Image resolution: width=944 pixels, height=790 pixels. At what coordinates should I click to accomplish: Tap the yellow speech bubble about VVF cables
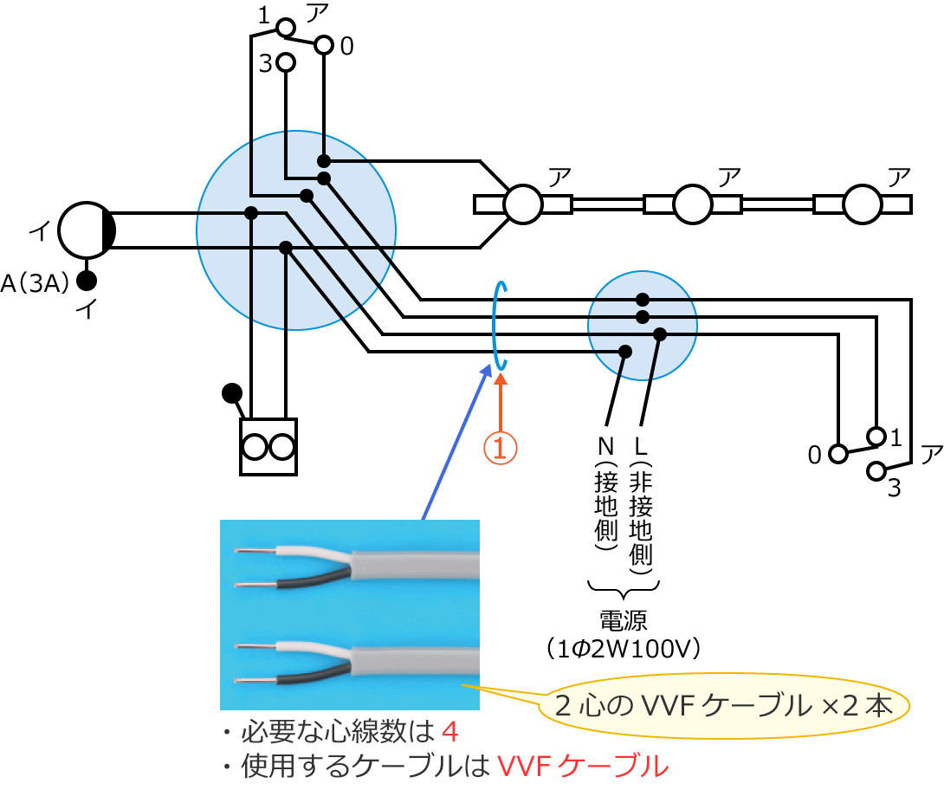coord(724,706)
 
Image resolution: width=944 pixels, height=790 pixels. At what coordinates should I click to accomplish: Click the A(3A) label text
coord(35,282)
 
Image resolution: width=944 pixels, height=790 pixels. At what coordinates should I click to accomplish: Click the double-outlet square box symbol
coord(268,447)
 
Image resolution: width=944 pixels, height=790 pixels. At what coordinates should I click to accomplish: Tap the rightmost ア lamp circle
coord(863,204)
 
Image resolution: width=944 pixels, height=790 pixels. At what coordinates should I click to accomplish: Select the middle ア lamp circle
coord(693,204)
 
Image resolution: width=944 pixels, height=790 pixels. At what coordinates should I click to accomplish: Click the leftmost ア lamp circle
coord(524,204)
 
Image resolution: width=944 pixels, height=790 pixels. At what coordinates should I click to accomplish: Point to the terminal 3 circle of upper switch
coord(286,62)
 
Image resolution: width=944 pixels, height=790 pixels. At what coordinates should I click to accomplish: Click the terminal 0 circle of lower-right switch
coord(837,453)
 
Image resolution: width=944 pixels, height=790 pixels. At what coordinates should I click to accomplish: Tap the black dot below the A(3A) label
coord(86,281)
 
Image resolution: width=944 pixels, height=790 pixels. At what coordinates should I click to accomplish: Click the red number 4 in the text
coord(449,733)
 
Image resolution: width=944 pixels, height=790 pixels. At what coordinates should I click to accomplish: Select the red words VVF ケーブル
coord(584,766)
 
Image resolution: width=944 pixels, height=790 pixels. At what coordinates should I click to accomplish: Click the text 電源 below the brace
coord(623,618)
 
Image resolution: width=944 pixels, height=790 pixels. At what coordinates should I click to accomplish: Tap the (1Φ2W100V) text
coord(624,646)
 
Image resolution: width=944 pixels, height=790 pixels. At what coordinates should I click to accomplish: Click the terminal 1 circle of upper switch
coord(285,28)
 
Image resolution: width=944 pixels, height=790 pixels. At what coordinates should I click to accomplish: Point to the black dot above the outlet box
coord(231,393)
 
